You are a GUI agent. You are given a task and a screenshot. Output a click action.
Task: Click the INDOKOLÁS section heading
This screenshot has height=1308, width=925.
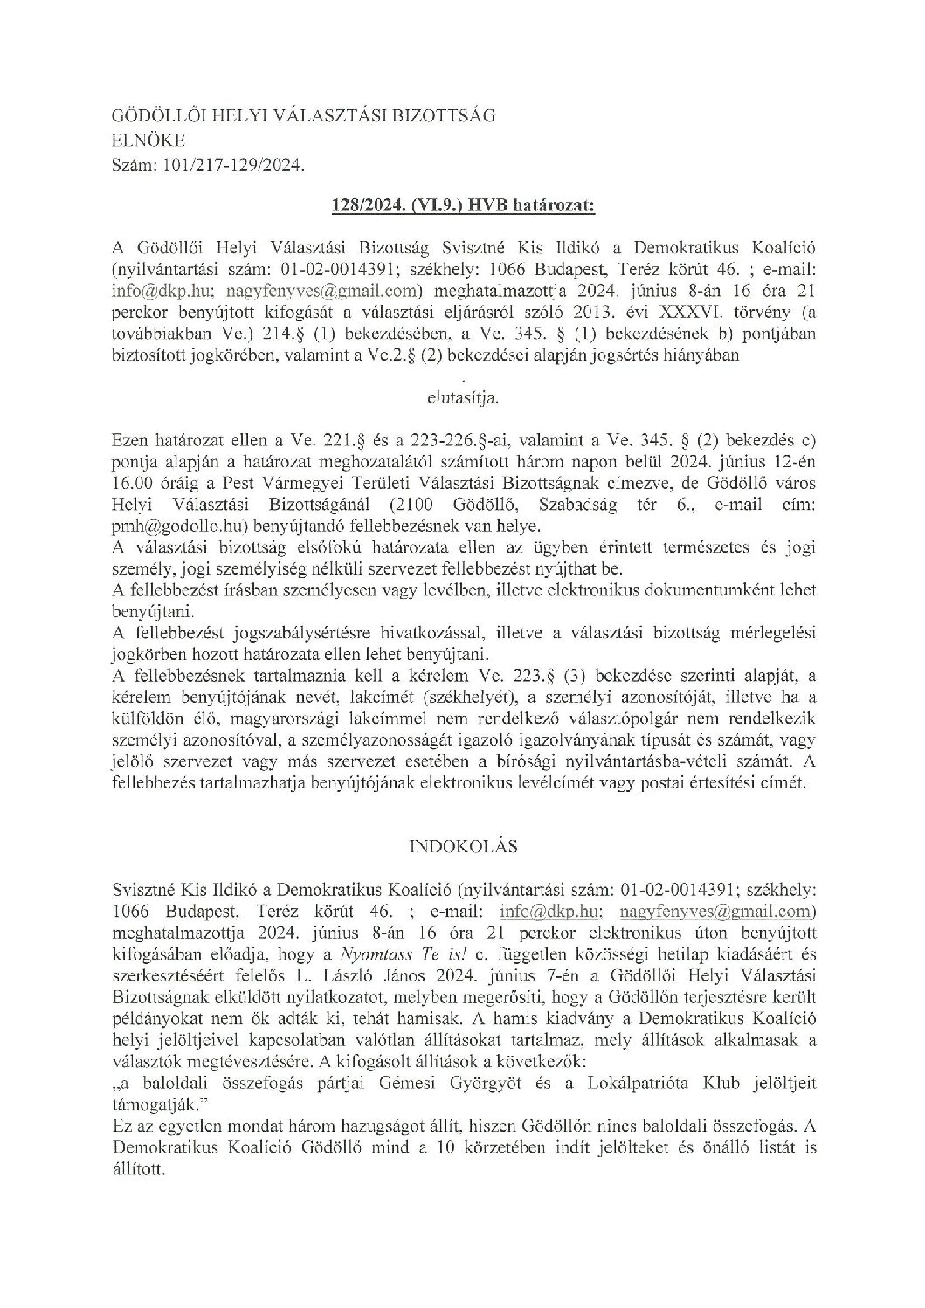463,846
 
